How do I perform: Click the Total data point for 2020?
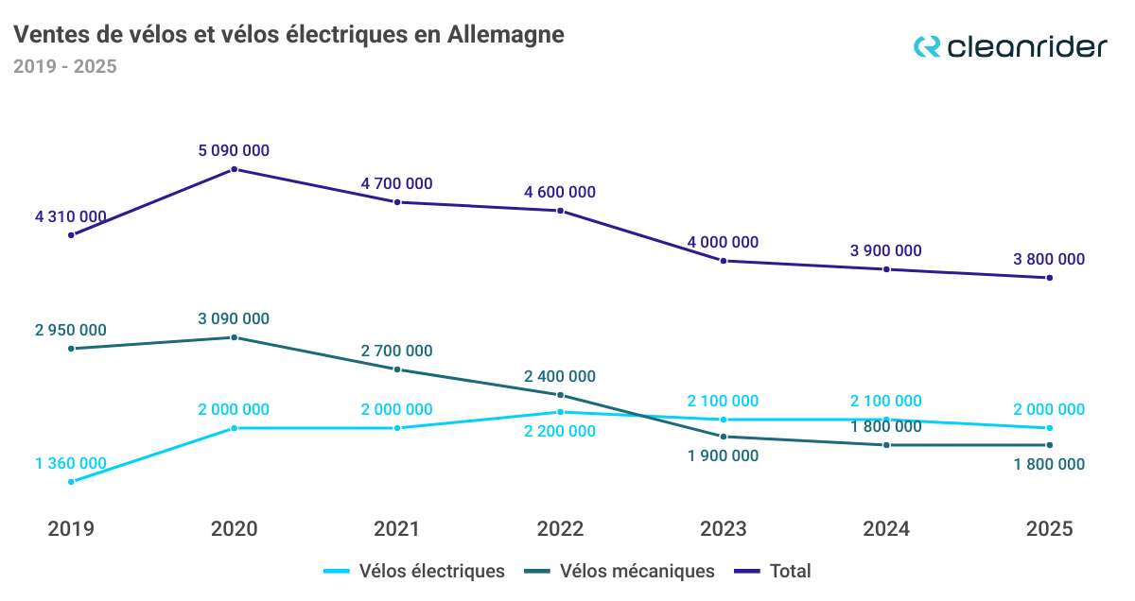click(235, 169)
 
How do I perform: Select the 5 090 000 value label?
click(235, 150)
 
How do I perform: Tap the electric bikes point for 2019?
click(71, 482)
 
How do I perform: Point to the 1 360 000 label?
click(71, 463)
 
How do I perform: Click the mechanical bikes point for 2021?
click(397, 369)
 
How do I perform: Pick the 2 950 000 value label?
click(71, 331)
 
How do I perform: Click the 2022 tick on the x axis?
click(560, 529)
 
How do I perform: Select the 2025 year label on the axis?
click(1049, 529)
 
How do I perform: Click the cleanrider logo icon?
click(927, 46)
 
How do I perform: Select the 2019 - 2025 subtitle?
click(65, 67)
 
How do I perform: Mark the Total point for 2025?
click(1049, 278)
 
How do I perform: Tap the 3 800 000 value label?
click(1049, 259)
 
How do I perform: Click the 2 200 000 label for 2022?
click(560, 431)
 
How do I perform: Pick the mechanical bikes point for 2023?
click(724, 437)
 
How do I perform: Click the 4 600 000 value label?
click(560, 192)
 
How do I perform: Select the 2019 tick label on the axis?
click(71, 529)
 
